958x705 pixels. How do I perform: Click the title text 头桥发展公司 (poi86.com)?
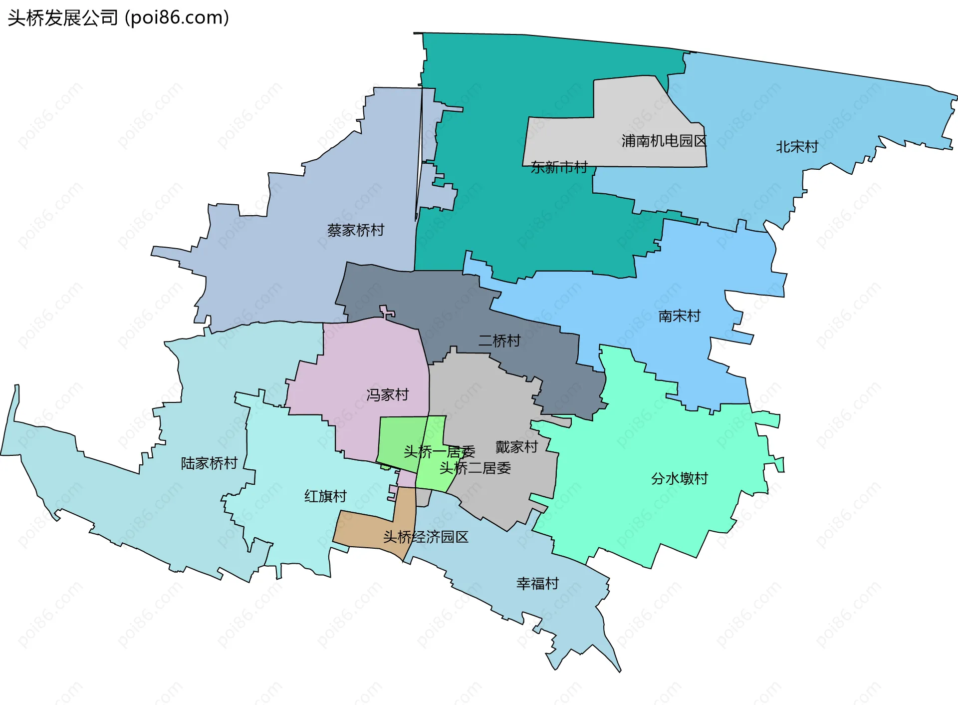(118, 18)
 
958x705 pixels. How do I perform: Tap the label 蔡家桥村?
(356, 230)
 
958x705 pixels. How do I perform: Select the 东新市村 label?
(559, 167)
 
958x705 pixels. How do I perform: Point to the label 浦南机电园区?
(664, 141)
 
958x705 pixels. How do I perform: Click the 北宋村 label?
(797, 147)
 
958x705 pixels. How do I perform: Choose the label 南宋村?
(679, 316)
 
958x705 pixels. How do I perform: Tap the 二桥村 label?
(499, 341)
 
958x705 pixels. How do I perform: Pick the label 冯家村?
(388, 395)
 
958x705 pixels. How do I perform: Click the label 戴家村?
(516, 447)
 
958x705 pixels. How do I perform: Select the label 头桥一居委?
(439, 452)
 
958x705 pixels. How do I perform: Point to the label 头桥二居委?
(475, 468)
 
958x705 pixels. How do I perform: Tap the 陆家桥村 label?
(209, 463)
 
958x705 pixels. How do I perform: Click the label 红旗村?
(325, 496)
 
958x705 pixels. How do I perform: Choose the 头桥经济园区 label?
(426, 537)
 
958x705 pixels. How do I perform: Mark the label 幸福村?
(537, 584)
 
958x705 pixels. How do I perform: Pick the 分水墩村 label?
(679, 479)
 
